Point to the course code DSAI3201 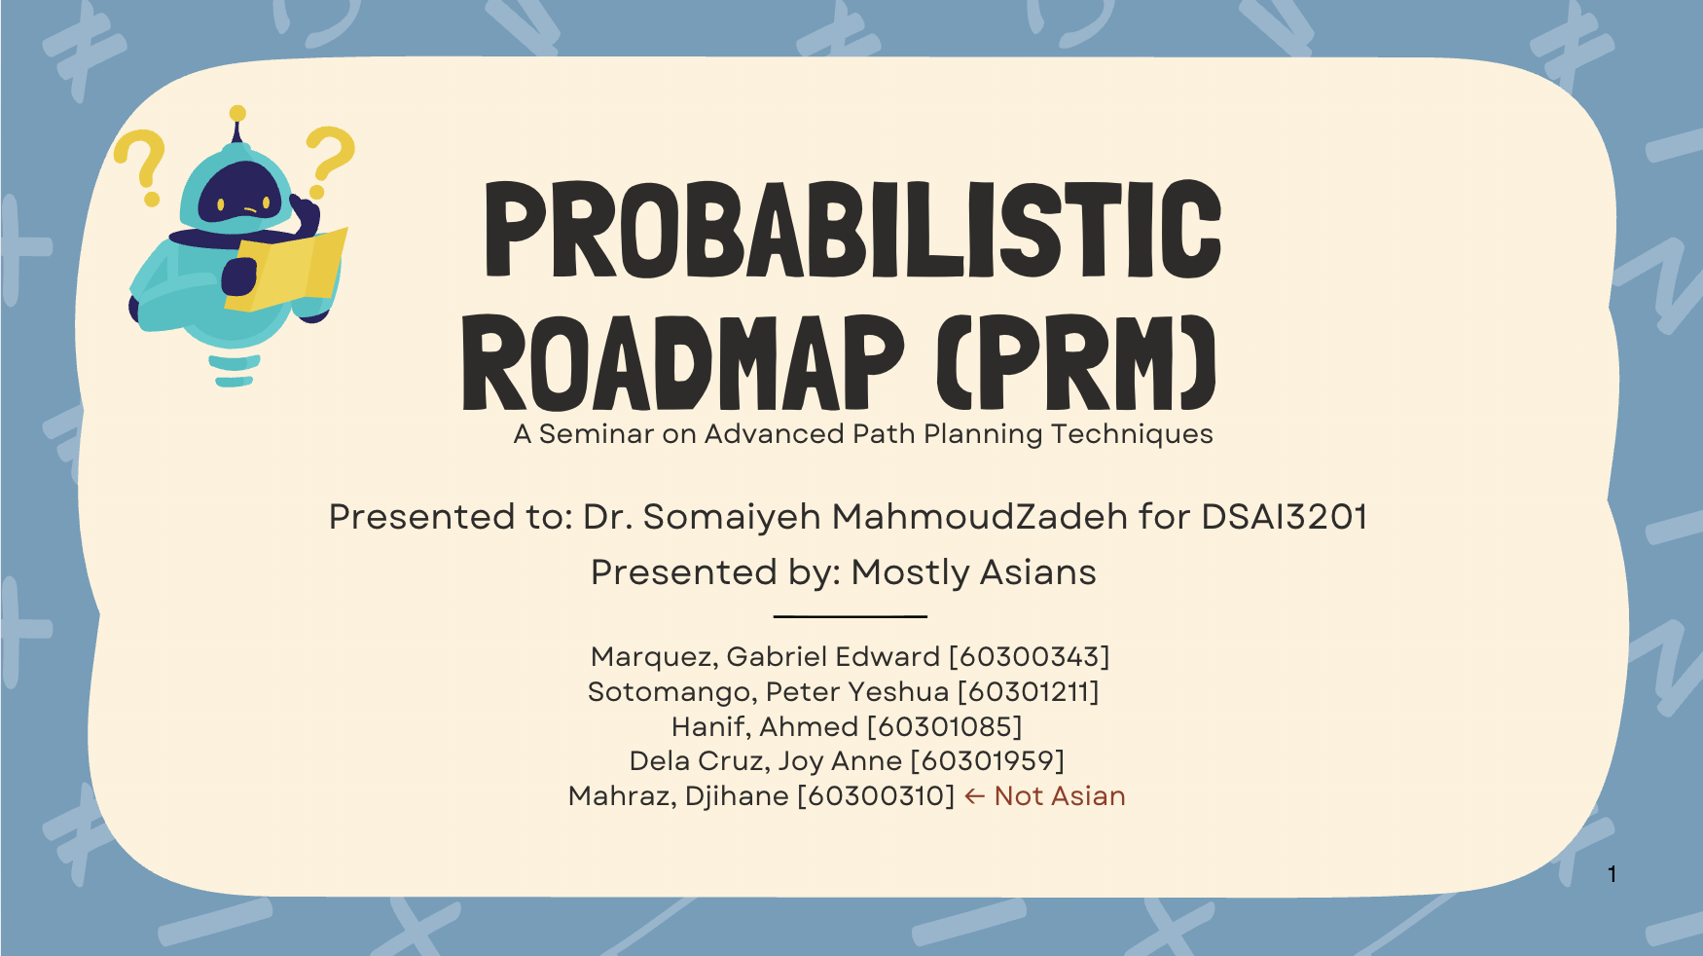(x=1285, y=517)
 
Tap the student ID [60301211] (x=1029, y=692)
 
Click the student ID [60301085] (x=944, y=727)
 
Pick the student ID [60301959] (x=987, y=761)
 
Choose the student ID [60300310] (x=876, y=796)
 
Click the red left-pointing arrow (x=975, y=797)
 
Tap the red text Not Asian (x=1060, y=796)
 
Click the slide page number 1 (x=1612, y=874)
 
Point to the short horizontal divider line (x=850, y=616)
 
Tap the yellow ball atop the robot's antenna (x=237, y=114)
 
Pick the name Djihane (x=737, y=796)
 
